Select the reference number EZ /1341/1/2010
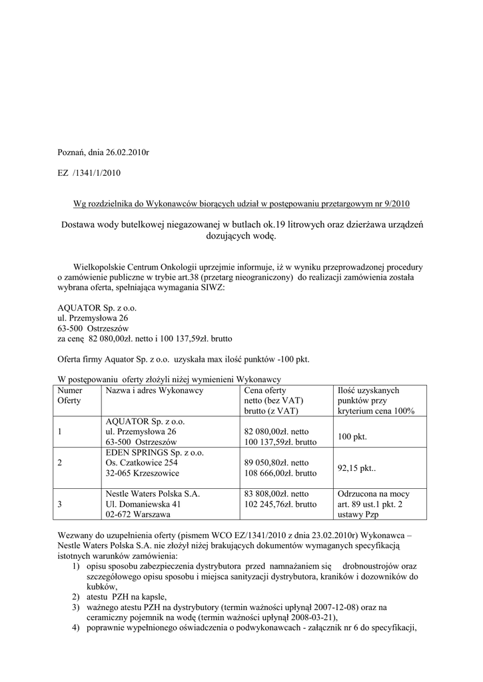tap(89, 172)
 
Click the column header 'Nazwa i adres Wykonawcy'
tap(154, 390)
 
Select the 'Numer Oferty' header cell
tap(70, 396)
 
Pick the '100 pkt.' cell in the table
tap(352, 437)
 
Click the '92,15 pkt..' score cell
tap(356, 468)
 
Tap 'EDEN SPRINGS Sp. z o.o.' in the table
tap(155, 452)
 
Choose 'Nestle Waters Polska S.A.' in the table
tap(153, 494)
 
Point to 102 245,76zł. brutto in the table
tap(280, 505)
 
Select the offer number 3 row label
tap(60, 505)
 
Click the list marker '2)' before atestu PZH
tap(77, 597)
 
